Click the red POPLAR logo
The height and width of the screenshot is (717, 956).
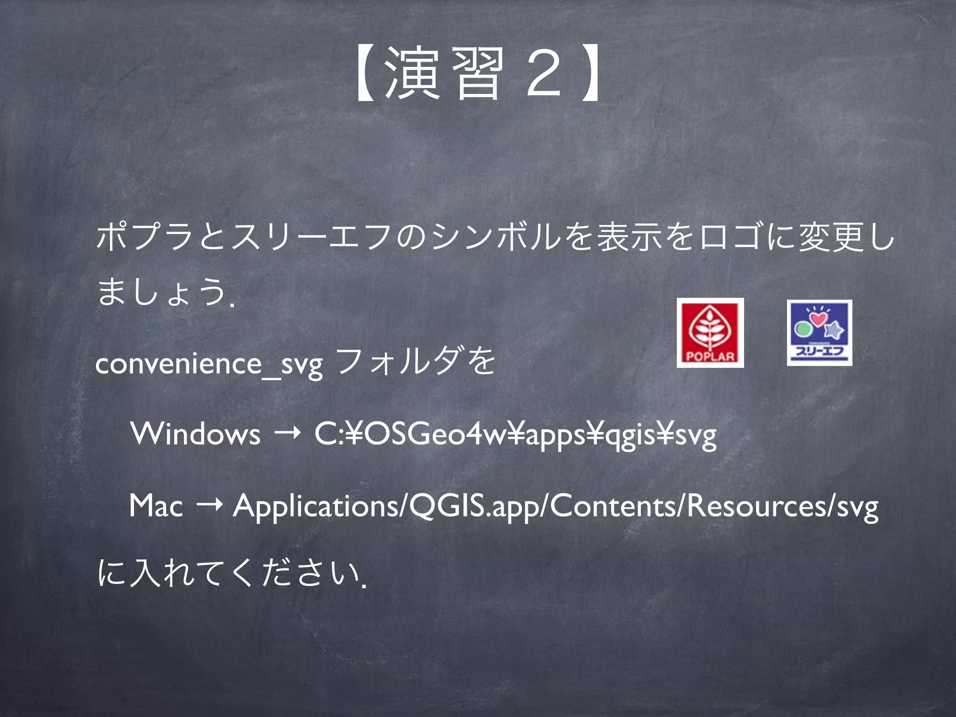710,332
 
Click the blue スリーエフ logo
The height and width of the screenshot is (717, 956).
819,332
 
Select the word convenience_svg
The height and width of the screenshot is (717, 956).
209,365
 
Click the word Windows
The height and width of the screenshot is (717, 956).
195,434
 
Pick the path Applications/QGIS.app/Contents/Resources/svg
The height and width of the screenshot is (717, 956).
555,506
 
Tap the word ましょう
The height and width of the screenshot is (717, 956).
161,292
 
